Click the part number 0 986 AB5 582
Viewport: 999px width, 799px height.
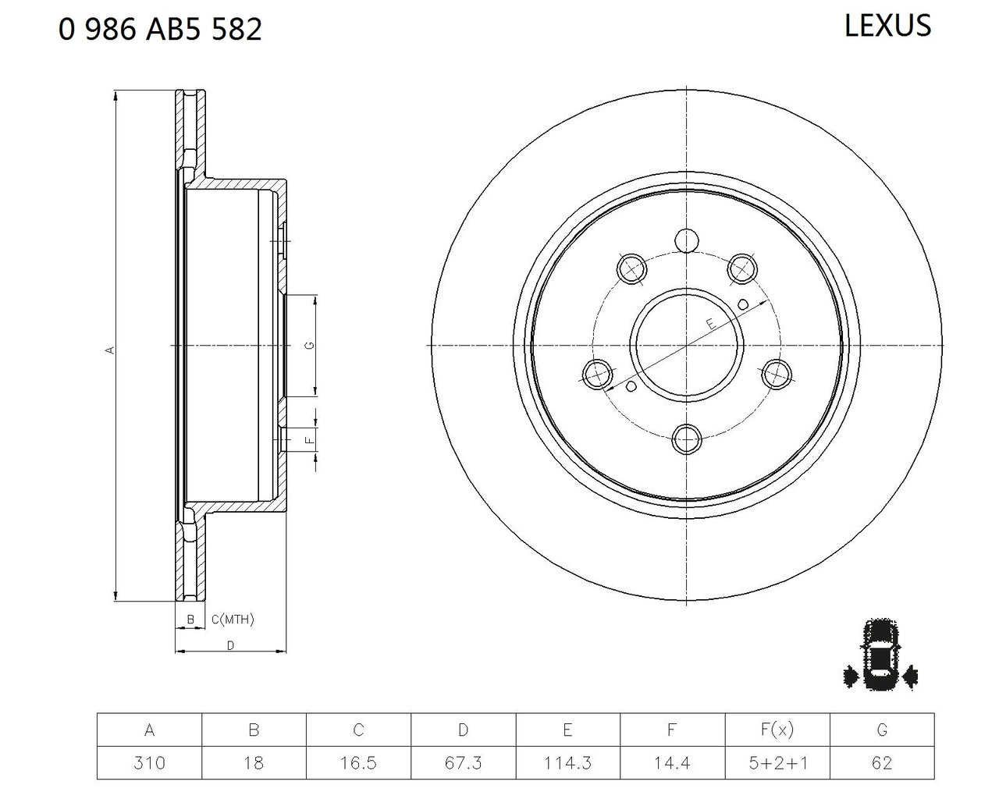[x=160, y=30]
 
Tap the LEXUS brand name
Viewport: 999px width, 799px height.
[x=887, y=26]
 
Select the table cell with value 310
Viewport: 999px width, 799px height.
[x=149, y=762]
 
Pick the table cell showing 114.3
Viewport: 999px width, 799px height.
[x=567, y=762]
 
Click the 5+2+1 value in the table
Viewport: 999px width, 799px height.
[x=777, y=762]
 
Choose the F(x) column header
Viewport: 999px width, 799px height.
[x=777, y=730]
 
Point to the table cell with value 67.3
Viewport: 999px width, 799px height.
[x=463, y=762]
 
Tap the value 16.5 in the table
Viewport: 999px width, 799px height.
[x=358, y=762]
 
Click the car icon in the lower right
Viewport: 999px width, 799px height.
[x=880, y=656]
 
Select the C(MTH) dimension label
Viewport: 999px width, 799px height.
[x=233, y=620]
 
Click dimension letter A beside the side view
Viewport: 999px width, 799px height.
[x=110, y=350]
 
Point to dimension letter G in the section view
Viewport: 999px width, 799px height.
[x=310, y=345]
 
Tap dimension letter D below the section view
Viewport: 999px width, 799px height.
[x=230, y=645]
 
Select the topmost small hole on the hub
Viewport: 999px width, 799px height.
[x=687, y=240]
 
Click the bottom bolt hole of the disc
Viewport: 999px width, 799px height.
[x=687, y=439]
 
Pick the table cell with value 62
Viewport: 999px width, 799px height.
[x=881, y=762]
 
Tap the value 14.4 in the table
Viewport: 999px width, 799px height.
[x=672, y=762]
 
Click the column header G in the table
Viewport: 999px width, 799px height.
[x=881, y=730]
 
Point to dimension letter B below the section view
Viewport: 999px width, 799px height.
[x=190, y=620]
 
